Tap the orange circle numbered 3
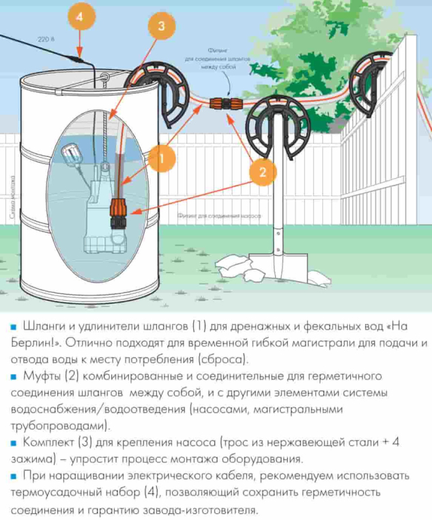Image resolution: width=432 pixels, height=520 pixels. pos(161,26)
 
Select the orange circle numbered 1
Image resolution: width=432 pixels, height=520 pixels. pos(161,159)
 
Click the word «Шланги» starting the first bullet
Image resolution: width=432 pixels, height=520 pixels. pos(44,326)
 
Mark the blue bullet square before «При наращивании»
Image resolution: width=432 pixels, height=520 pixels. pos(13,476)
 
